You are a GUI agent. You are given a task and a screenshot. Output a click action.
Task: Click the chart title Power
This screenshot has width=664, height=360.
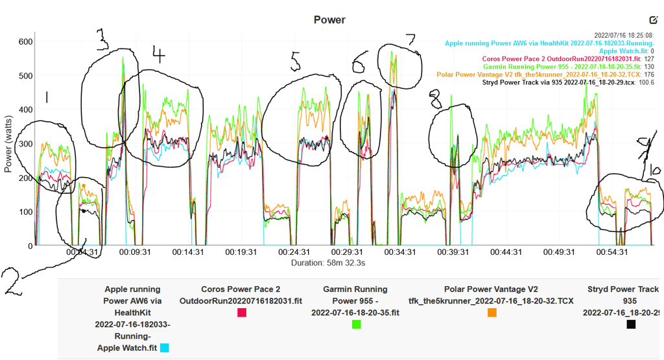pyautogui.click(x=329, y=19)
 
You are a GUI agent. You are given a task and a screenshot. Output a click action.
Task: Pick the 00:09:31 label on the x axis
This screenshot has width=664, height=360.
pyautogui.click(x=134, y=252)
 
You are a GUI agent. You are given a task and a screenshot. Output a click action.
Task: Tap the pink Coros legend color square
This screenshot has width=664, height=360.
pyautogui.click(x=242, y=313)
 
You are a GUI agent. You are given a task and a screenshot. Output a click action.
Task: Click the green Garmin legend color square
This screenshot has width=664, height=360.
pyautogui.click(x=356, y=324)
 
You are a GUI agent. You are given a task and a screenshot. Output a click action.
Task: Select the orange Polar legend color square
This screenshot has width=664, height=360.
pyautogui.click(x=492, y=313)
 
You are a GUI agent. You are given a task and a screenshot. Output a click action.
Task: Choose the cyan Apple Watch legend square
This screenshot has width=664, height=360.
pyautogui.click(x=165, y=348)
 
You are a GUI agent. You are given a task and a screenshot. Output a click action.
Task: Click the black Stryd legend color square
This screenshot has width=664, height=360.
pyautogui.click(x=631, y=324)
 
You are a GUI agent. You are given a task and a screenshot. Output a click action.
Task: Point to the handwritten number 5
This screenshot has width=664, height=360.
pyautogui.click(x=296, y=62)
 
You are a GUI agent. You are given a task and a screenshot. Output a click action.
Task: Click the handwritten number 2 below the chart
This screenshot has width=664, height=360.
pyautogui.click(x=14, y=280)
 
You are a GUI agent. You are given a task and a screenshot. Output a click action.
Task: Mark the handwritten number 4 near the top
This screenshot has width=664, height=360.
pyautogui.click(x=158, y=55)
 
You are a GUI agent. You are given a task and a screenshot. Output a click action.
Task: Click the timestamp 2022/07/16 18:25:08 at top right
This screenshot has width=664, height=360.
pyautogui.click(x=624, y=35)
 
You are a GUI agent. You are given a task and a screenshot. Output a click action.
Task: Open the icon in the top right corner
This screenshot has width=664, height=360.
pyautogui.click(x=654, y=21)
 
